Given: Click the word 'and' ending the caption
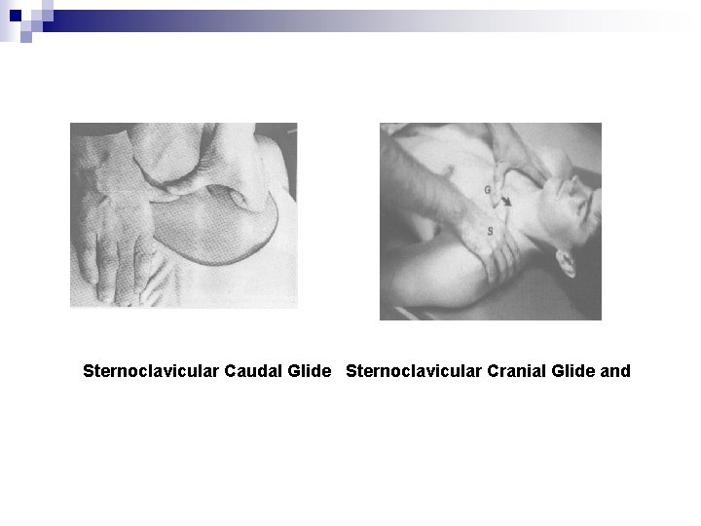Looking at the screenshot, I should tap(615, 371).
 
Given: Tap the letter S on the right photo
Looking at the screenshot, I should tap(489, 230).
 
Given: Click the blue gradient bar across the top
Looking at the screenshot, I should tap(389, 17).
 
